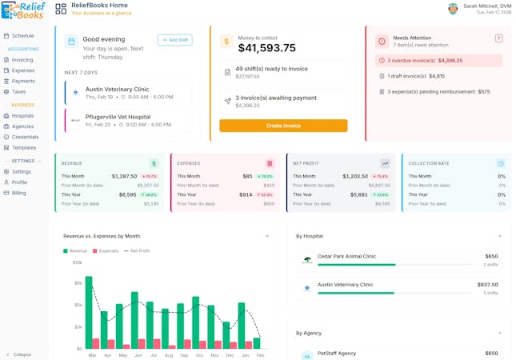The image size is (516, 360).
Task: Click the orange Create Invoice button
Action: click(283, 126)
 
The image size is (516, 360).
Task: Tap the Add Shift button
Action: click(174, 40)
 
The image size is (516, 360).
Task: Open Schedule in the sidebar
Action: click(22, 36)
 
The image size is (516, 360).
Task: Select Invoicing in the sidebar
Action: click(22, 60)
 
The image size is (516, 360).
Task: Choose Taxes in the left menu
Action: click(18, 91)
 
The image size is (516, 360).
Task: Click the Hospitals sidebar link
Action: click(22, 116)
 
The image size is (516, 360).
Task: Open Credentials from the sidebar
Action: click(25, 137)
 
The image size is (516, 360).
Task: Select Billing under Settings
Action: click(19, 193)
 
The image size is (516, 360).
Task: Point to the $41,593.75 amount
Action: click(267, 47)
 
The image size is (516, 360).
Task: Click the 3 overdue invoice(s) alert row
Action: click(438, 60)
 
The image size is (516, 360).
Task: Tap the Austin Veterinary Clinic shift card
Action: click(128, 92)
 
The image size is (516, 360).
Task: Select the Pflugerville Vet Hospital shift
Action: click(128, 120)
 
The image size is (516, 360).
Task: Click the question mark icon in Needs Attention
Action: click(498, 38)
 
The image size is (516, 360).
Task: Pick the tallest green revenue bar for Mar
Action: click(89, 312)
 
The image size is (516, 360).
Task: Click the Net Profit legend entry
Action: click(137, 250)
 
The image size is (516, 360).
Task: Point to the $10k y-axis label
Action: click(78, 262)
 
